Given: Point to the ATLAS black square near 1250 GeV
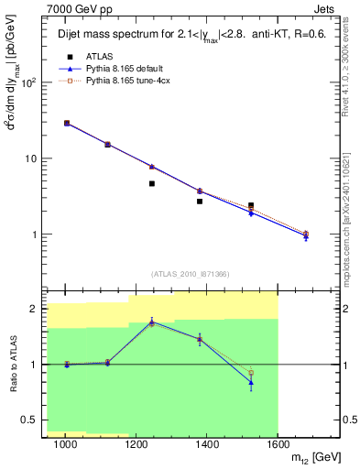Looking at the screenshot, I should (152, 183).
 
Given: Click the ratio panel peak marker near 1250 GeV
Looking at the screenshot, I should (152, 322).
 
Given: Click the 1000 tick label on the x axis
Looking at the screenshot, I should (65, 443).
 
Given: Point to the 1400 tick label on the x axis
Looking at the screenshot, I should (207, 443).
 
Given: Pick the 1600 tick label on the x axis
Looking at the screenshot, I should (278, 443).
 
